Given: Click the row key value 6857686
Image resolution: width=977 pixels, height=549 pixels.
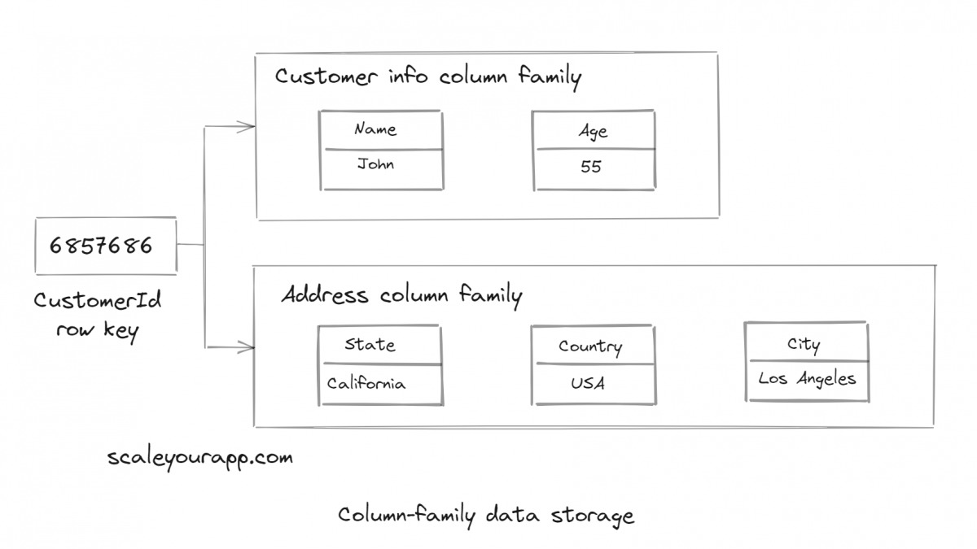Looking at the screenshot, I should pyautogui.click(x=101, y=245).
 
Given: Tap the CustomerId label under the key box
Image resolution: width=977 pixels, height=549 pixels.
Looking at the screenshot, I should pyautogui.click(x=98, y=300).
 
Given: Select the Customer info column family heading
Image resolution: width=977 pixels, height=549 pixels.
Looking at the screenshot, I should pyautogui.click(x=427, y=77).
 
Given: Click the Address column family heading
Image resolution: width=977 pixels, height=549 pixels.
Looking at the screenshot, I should pyautogui.click(x=401, y=294).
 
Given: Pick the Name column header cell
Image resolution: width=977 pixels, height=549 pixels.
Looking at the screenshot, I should pyautogui.click(x=376, y=129).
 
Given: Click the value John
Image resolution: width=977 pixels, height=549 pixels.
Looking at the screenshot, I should pyautogui.click(x=375, y=164).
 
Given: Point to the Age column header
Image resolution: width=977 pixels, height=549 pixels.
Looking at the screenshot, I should pyautogui.click(x=593, y=132).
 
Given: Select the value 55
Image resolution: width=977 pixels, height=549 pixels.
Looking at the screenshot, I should pyautogui.click(x=591, y=167).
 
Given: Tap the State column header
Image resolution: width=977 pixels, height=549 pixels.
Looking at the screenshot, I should pyautogui.click(x=370, y=345).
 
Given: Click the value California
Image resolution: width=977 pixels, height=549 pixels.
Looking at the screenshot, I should pyautogui.click(x=366, y=383).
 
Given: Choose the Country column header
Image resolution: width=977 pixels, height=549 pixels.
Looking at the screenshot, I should pyautogui.click(x=590, y=346).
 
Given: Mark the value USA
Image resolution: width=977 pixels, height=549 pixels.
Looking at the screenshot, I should pyautogui.click(x=587, y=382).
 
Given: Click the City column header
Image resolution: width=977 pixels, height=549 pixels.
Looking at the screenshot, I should pyautogui.click(x=804, y=344).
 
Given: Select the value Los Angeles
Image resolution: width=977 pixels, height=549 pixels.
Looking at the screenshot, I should pyautogui.click(x=807, y=379).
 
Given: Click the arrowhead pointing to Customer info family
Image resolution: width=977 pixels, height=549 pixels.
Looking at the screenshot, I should pyautogui.click(x=248, y=126).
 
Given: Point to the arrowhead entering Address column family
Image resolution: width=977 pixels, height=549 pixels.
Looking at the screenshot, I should pyautogui.click(x=247, y=348).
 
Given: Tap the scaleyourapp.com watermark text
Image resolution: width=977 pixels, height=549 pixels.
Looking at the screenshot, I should pyautogui.click(x=199, y=457).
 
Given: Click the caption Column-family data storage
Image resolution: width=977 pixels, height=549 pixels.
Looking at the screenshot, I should pyautogui.click(x=485, y=516).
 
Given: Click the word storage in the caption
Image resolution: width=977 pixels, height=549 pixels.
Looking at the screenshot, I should pyautogui.click(x=592, y=516).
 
